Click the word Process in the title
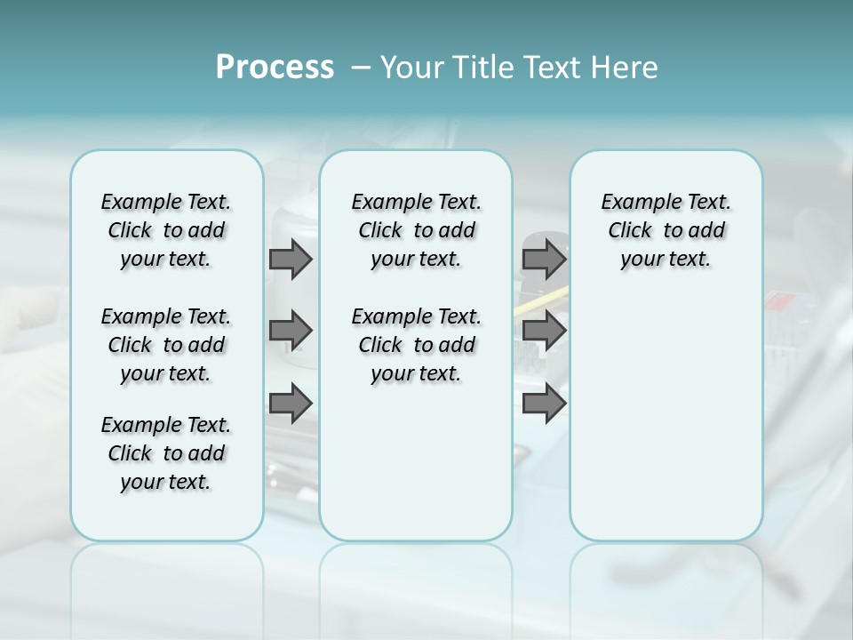click(275, 68)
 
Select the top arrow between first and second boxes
click(291, 259)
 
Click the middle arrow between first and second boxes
click(291, 331)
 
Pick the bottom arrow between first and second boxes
click(291, 404)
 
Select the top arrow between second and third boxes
click(544, 259)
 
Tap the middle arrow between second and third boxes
click(544, 331)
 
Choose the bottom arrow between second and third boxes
click(544, 404)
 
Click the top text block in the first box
click(166, 230)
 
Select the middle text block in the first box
click(166, 345)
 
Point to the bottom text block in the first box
click(166, 453)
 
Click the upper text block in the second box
click(416, 230)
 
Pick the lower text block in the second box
click(416, 345)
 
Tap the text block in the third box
click(666, 230)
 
